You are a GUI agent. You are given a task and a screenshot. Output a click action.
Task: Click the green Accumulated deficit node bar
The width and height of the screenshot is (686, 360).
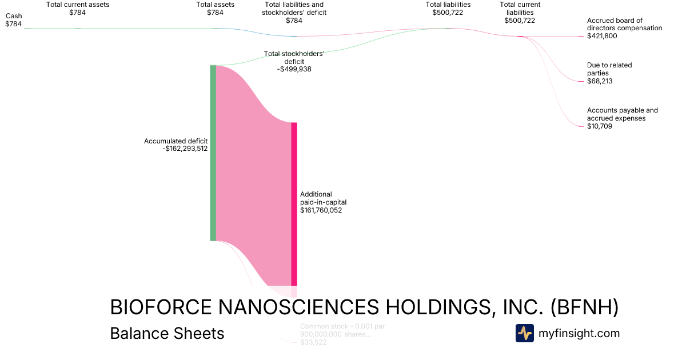point(213,153)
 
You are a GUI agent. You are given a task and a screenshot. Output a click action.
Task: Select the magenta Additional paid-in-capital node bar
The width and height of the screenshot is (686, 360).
point(294,203)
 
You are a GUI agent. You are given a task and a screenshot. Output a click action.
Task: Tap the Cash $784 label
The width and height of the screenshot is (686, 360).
point(14,20)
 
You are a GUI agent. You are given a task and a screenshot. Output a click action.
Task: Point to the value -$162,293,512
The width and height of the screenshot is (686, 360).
point(185,149)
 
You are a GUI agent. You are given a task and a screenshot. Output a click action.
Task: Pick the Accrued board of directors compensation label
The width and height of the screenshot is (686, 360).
point(624,28)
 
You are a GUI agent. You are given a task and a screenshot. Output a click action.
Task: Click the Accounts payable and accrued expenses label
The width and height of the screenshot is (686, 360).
point(622,118)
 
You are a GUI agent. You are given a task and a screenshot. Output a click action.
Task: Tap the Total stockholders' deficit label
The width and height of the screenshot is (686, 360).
point(294,61)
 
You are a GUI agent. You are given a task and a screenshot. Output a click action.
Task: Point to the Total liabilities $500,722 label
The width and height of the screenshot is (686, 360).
point(448,9)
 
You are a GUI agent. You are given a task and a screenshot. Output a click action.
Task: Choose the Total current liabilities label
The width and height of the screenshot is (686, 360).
point(519,12)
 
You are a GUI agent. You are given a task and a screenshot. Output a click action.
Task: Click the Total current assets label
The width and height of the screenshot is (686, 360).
point(78,8)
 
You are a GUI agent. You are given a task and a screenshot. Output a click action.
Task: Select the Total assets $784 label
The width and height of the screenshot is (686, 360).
point(215,8)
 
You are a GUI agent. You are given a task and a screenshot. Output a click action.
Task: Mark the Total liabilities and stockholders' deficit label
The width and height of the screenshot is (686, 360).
point(294,12)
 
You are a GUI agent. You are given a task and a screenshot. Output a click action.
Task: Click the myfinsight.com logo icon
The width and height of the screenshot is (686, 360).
point(524,333)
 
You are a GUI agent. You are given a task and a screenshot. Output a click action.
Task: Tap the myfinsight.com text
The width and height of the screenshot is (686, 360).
point(579,333)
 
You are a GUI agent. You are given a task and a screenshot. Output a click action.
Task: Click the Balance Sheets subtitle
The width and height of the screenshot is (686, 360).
point(167,333)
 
